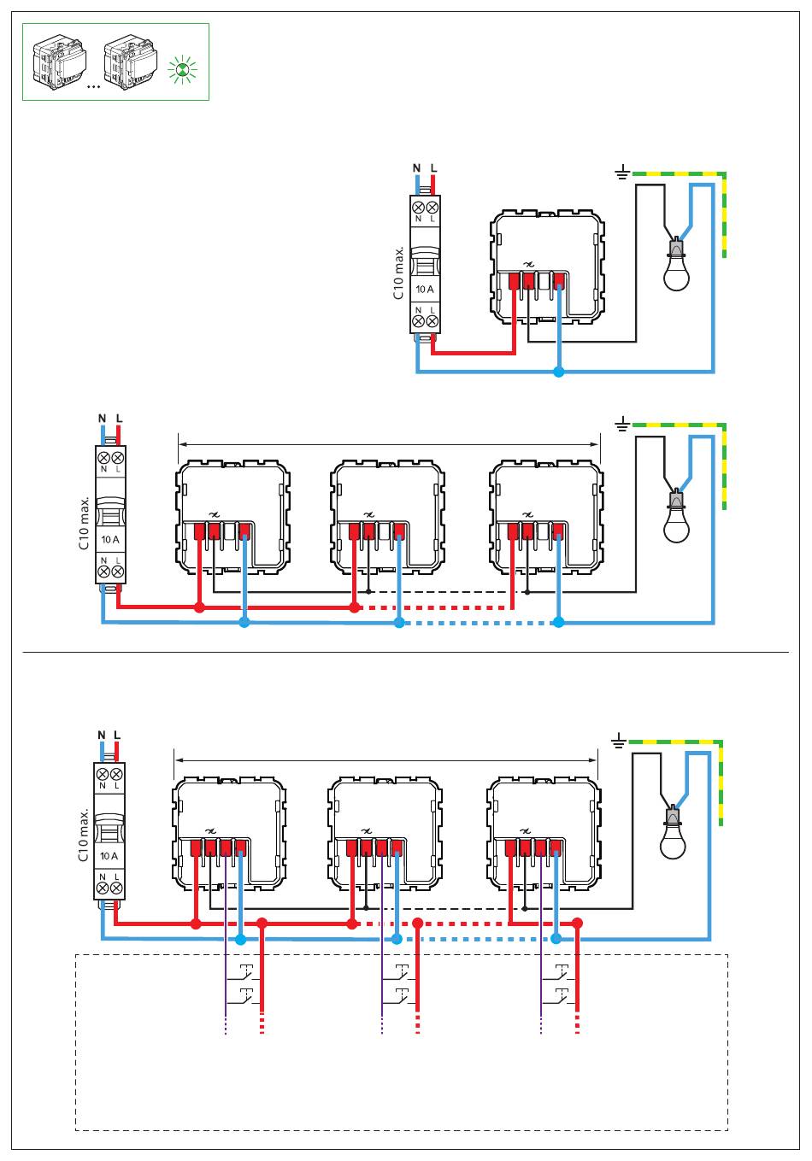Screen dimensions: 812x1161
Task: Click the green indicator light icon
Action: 183,71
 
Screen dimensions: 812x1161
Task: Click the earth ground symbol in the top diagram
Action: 622,172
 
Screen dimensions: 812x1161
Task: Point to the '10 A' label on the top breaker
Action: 425,290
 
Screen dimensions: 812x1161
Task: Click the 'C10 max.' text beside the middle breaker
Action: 84,523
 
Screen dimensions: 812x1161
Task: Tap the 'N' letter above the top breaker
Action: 416,168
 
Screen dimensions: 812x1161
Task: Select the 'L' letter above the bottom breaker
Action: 117,735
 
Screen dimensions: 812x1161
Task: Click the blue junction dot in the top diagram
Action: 558,372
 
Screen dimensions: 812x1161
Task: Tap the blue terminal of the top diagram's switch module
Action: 558,281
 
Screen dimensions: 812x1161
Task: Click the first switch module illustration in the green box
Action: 59,62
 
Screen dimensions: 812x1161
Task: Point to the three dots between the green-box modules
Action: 93,86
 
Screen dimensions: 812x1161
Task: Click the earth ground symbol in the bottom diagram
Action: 619,742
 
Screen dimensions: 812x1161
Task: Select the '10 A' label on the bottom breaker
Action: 109,856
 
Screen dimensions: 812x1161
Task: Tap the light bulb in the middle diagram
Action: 676,517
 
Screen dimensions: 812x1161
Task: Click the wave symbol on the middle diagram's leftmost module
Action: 214,514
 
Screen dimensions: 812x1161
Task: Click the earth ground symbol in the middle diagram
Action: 622,425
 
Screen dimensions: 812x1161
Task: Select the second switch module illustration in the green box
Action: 130,62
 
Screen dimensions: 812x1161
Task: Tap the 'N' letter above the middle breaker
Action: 102,419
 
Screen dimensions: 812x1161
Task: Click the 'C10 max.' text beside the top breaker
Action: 398,273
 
